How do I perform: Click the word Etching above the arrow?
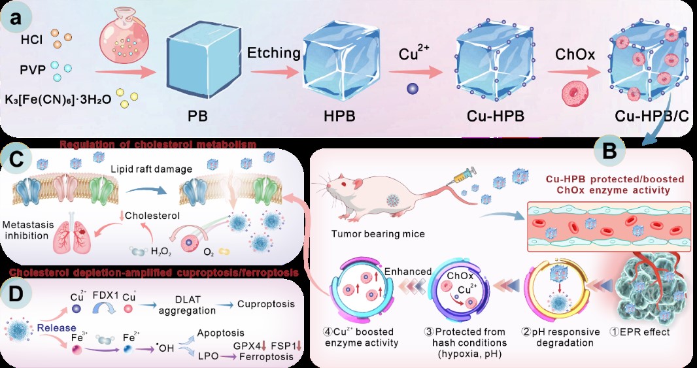pyautogui.click(x=274, y=52)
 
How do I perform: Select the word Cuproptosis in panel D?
pyautogui.click(x=266, y=304)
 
